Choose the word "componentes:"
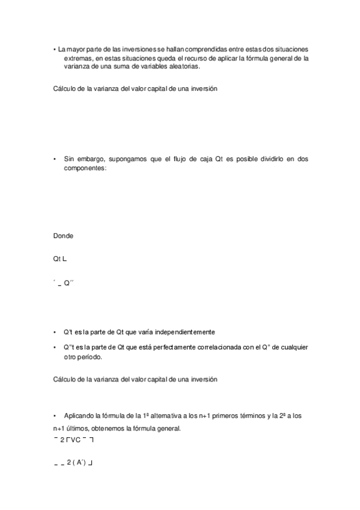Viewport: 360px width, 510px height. click(x=85, y=169)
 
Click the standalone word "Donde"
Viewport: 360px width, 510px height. click(x=63, y=235)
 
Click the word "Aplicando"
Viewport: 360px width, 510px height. click(x=79, y=416)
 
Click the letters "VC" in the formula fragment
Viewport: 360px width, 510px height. click(x=76, y=440)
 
